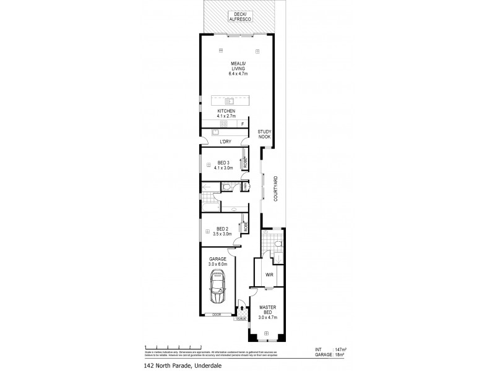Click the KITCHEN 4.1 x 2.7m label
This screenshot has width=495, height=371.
pos(226,113)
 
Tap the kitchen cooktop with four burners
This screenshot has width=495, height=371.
pos(223,124)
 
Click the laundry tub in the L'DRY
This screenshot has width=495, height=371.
pos(216,132)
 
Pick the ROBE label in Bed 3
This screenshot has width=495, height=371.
pos(245,163)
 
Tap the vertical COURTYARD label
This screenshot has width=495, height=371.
pos(275,188)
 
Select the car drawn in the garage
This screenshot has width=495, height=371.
pos(218,288)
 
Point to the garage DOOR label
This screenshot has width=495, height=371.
pos(217,315)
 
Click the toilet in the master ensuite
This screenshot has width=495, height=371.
pos(277,246)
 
